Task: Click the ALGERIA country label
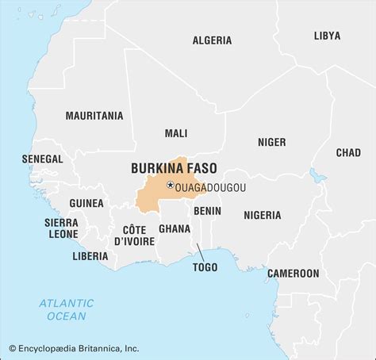tap(212, 40)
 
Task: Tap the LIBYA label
tap(327, 36)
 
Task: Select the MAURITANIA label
tap(94, 116)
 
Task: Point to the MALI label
tap(176, 133)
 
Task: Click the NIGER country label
tap(271, 142)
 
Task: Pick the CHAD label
tap(347, 152)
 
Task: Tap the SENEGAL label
tap(42, 159)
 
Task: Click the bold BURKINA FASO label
tap(174, 168)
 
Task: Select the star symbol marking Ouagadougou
tap(170, 185)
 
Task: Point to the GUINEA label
tap(86, 203)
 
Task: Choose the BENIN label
tap(207, 211)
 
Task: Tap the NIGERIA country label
tap(262, 215)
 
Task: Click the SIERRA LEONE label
tap(61, 228)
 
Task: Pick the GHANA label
tap(174, 229)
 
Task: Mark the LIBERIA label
tap(90, 256)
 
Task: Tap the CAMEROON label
tap(293, 273)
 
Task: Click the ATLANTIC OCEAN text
tap(67, 309)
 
